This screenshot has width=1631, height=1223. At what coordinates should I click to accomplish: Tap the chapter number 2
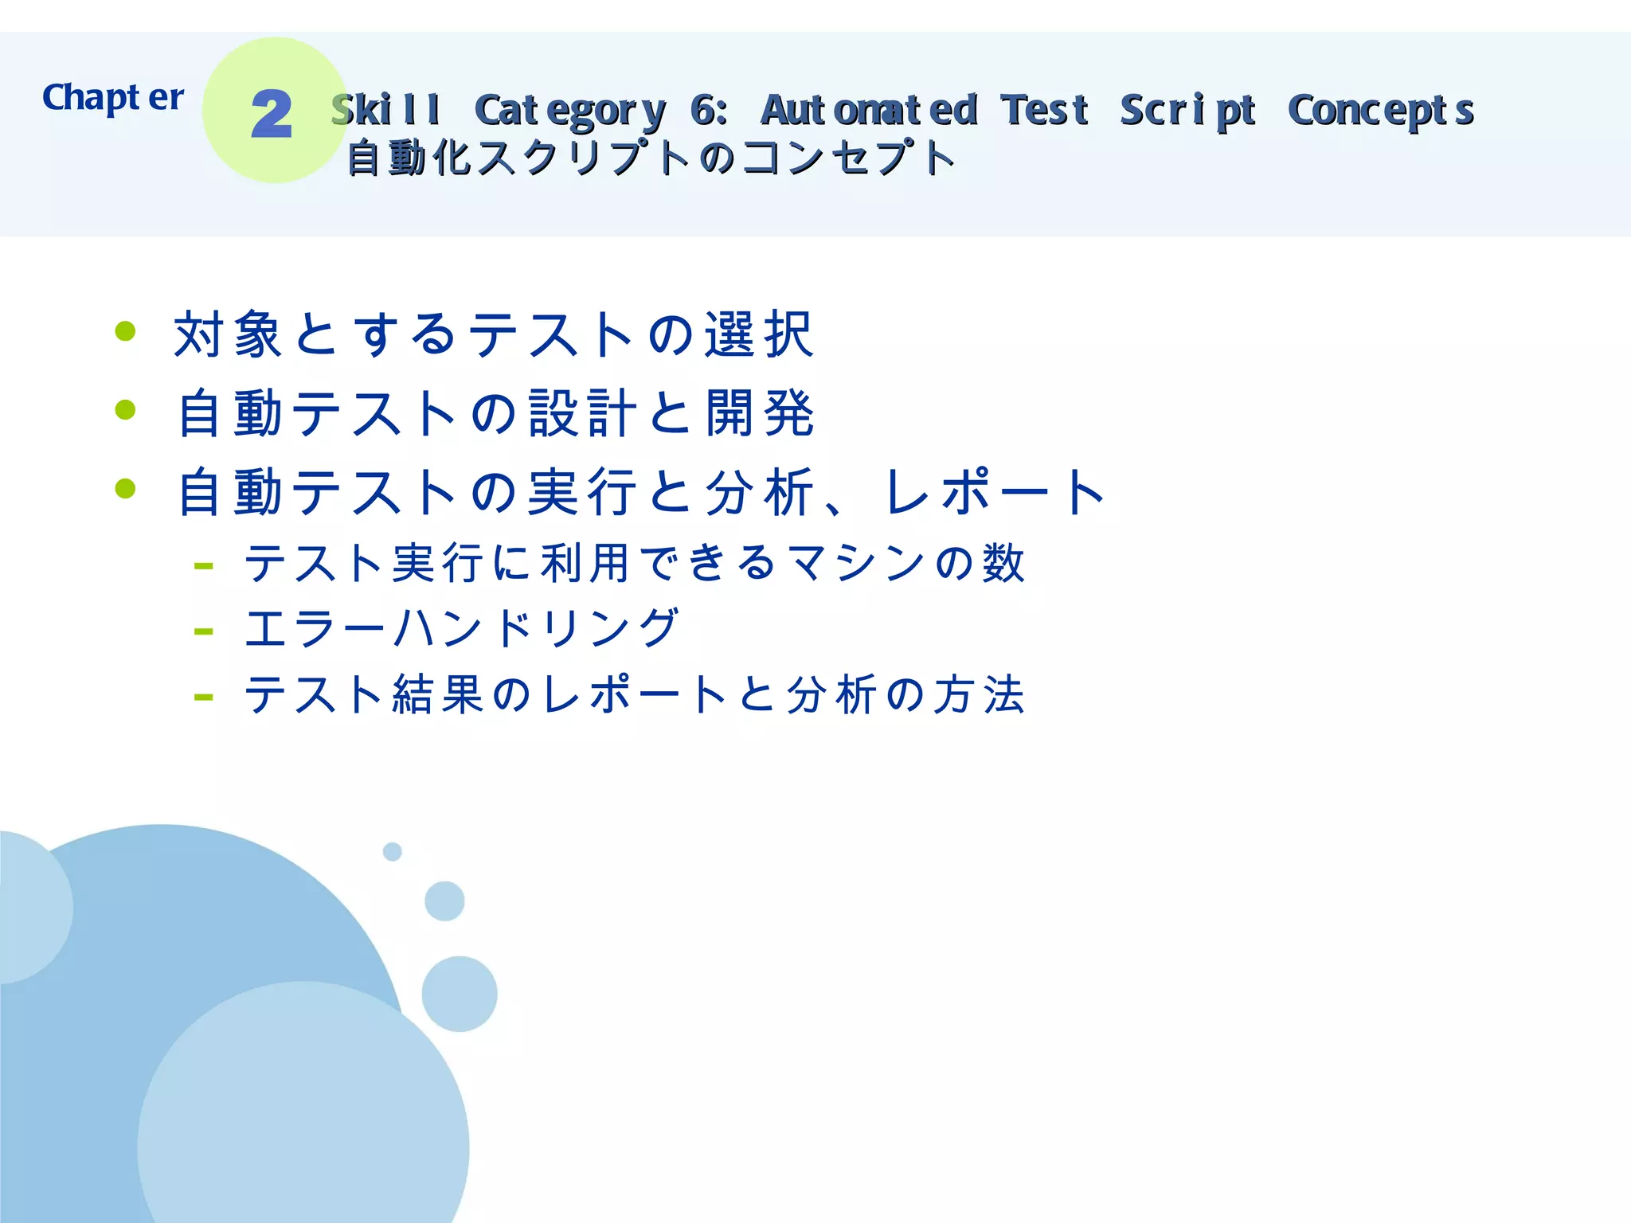(272, 115)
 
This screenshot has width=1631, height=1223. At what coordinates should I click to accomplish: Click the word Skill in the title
(386, 110)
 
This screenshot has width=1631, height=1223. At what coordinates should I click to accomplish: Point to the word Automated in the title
(869, 110)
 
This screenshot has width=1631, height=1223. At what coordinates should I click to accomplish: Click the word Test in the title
(1045, 110)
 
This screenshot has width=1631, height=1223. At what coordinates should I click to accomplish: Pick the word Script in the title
(1188, 111)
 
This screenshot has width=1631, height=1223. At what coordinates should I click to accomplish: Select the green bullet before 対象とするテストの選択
(126, 330)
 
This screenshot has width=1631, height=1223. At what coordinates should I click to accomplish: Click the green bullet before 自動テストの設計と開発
(126, 409)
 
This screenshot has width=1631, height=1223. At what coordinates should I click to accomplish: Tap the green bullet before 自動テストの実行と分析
(126, 488)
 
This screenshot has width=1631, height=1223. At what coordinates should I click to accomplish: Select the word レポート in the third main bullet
(995, 492)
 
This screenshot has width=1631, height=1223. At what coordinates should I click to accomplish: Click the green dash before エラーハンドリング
(203, 632)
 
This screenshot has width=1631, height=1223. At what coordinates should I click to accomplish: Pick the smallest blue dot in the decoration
(392, 852)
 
